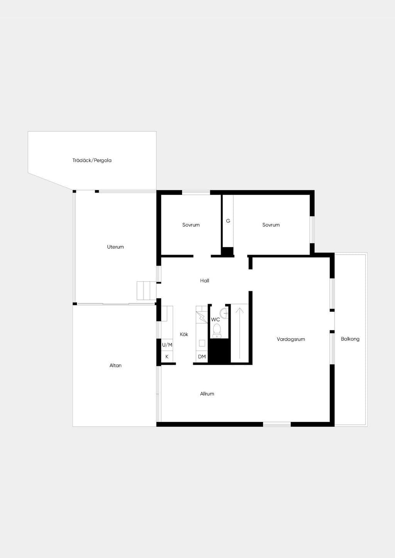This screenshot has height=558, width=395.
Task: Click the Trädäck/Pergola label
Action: tap(92, 160)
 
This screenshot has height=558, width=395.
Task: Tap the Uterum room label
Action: tap(115, 247)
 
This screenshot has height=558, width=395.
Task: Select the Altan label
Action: tap(115, 365)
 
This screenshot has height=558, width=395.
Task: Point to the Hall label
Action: tap(204, 281)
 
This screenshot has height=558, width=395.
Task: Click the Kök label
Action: tap(184, 334)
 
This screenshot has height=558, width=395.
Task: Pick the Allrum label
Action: tap(207, 394)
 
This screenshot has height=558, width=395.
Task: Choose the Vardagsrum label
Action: tap(291, 339)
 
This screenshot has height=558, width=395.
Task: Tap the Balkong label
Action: tap(350, 339)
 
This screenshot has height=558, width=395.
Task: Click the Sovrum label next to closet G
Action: tap(271, 225)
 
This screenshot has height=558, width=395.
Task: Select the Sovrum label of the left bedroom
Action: tap(191, 225)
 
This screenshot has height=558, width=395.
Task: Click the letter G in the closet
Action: tap(228, 221)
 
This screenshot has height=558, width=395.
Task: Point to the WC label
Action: tap(216, 319)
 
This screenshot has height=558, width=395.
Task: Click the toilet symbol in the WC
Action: tap(217, 331)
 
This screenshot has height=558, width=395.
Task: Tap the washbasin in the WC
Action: tap(224, 313)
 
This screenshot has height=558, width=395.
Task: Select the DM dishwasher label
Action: tap(202, 357)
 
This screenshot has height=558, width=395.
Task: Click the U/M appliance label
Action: tap(167, 345)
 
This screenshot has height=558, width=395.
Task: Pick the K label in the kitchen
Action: tap(167, 357)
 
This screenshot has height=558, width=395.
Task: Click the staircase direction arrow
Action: tap(240, 333)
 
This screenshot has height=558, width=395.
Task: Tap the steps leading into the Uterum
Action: tap(146, 291)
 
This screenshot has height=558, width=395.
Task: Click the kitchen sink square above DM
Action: tap(202, 343)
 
